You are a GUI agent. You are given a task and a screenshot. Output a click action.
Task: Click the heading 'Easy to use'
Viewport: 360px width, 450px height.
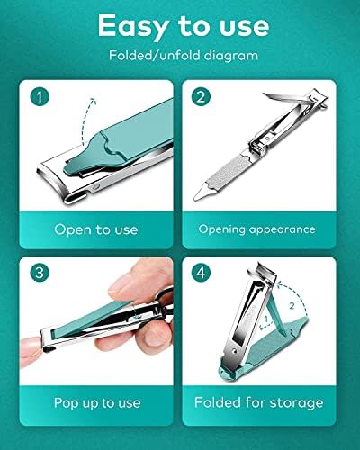(179, 25)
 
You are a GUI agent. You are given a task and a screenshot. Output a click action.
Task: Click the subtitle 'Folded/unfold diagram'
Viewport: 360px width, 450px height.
(179, 55)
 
